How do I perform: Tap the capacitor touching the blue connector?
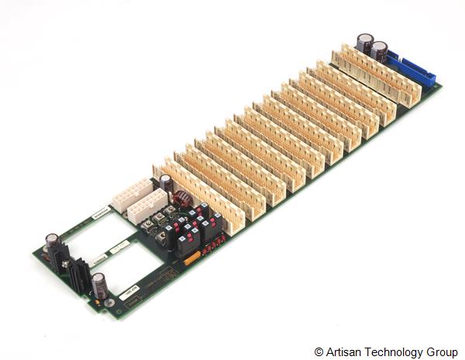click(381, 55)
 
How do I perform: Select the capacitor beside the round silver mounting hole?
click(99, 286)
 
